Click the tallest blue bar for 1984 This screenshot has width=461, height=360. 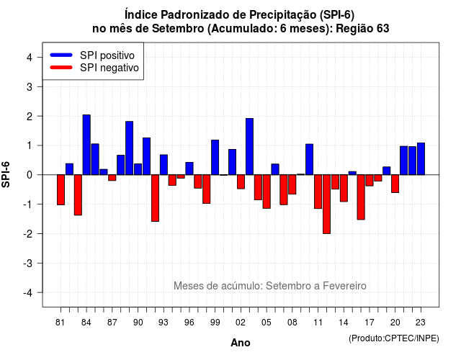[86, 145]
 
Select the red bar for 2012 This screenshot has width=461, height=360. [326, 204]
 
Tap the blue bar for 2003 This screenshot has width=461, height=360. [249, 147]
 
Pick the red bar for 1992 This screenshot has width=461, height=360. [156, 198]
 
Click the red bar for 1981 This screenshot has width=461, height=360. [61, 190]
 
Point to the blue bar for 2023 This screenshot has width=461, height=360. [421, 158]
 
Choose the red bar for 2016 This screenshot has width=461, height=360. [361, 197]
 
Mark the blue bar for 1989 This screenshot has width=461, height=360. [130, 148]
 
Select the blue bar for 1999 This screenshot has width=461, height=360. [215, 158]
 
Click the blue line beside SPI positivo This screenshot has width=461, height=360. [61, 55]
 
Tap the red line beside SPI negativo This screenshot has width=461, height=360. [61, 68]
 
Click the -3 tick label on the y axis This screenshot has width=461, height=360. [28, 263]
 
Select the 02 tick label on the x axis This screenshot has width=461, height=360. [240, 323]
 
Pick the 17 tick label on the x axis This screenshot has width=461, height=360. [370, 323]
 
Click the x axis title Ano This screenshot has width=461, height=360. [241, 343]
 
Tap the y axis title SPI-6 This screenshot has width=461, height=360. [6, 174]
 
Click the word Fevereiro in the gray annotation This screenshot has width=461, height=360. [344, 286]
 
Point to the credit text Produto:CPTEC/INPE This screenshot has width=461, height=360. [394, 338]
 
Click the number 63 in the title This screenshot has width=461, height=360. [382, 29]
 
